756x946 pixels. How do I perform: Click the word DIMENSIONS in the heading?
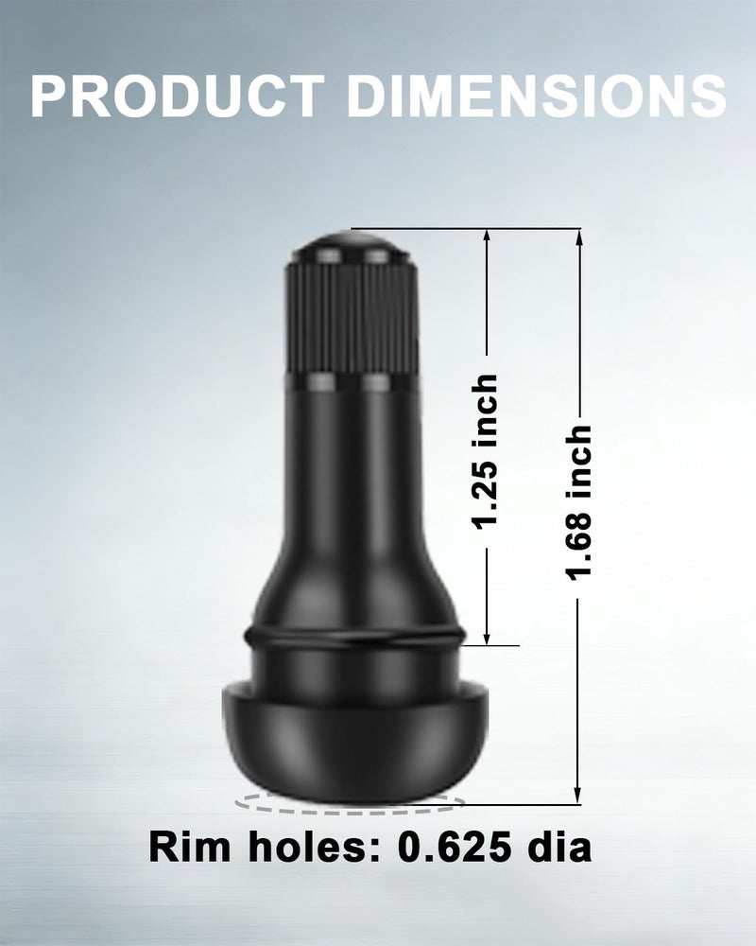pos(537,96)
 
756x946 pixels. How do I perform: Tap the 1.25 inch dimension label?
pos(486,452)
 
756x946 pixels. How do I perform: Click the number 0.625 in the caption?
pos(455,847)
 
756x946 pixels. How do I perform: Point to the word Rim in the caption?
pos(190,847)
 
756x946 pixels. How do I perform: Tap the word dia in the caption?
pos(560,846)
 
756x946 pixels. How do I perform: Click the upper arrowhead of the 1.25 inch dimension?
pos(488,236)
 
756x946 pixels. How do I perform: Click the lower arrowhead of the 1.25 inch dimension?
pos(488,637)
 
